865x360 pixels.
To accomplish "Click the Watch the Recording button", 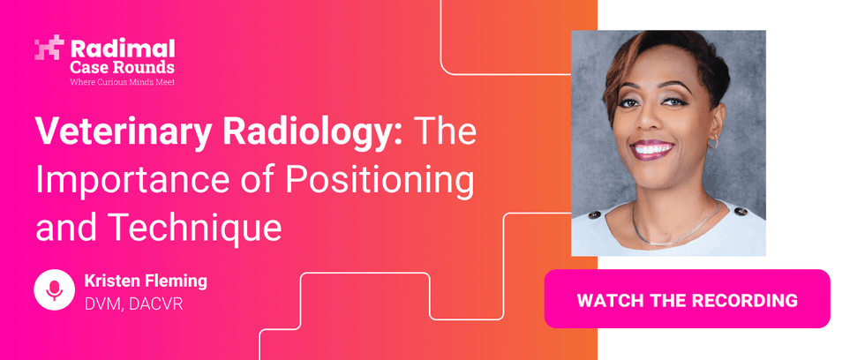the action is (687, 299).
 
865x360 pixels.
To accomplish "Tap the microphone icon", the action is (54, 290).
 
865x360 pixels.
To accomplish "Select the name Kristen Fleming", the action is (146, 281).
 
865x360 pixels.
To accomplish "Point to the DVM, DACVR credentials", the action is (133, 304).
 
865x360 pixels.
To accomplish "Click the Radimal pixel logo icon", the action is (49, 48).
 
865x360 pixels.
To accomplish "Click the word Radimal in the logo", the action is (123, 49).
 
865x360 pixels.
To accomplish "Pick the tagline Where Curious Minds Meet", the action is (123, 82).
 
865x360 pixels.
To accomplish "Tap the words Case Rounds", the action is (122, 68).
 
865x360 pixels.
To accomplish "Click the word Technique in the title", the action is (194, 228).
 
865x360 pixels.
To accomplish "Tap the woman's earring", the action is (713, 143).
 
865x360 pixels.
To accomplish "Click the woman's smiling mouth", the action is (654, 150).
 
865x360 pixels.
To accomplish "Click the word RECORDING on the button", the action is (744, 300).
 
